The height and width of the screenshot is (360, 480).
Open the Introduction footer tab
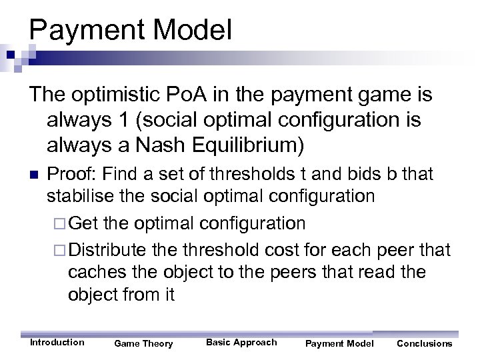coord(57,343)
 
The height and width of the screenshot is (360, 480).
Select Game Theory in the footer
coord(143,343)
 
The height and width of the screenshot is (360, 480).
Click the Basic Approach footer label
coord(241,343)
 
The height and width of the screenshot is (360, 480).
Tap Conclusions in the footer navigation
coord(424,343)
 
